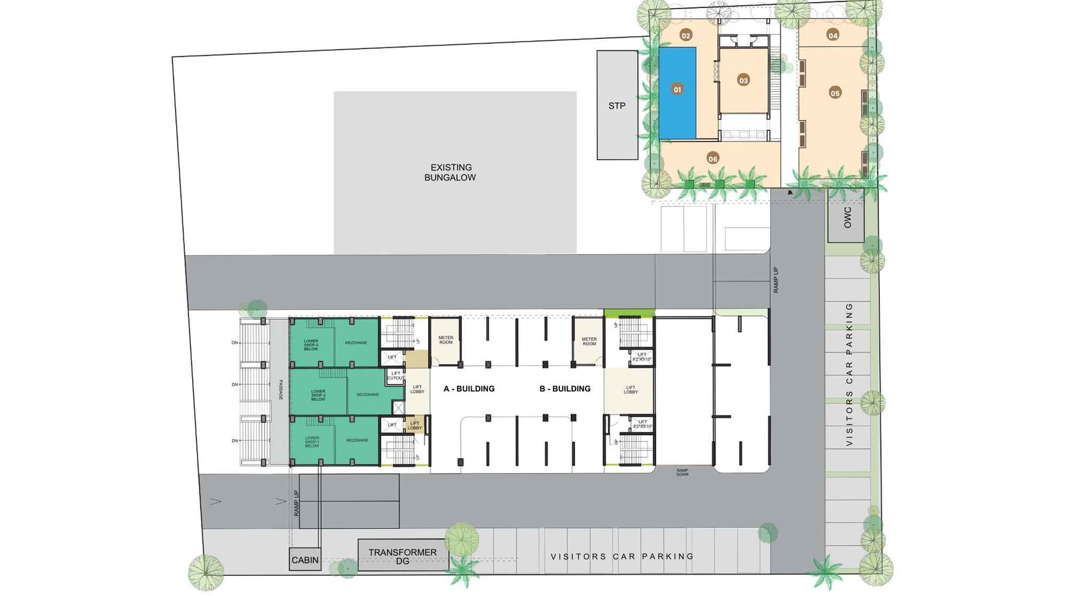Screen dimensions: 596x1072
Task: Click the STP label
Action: click(x=617, y=106)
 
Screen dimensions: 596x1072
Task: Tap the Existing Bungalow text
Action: click(x=451, y=172)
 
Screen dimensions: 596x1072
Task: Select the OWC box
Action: click(x=846, y=216)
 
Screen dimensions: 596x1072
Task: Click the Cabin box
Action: click(x=305, y=560)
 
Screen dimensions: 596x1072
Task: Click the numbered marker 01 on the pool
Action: click(x=677, y=89)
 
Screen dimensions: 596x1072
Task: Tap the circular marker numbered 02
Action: click(x=685, y=35)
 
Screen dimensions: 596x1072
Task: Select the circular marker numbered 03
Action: click(x=743, y=80)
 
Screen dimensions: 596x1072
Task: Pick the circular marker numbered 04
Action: click(x=833, y=35)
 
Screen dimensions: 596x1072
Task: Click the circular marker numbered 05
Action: click(x=835, y=93)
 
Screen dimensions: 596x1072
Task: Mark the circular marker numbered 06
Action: click(x=713, y=159)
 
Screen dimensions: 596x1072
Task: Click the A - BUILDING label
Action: click(x=469, y=389)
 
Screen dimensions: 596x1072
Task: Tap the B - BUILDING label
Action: click(x=565, y=389)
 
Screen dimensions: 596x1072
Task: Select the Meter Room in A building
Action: click(x=446, y=341)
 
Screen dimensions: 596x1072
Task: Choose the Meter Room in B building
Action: click(x=589, y=341)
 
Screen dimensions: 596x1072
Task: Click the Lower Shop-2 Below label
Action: click(x=318, y=395)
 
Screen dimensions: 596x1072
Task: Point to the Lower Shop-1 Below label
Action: click(x=312, y=442)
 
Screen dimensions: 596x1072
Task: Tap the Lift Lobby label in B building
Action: click(x=630, y=390)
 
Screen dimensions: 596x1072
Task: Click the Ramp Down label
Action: click(x=682, y=473)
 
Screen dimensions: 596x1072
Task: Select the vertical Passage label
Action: click(x=281, y=390)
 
